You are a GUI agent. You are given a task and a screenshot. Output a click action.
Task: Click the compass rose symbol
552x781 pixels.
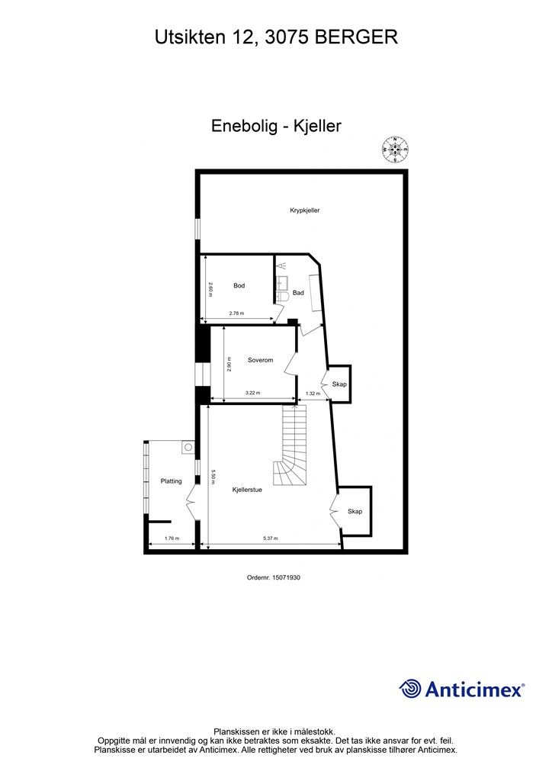pyautogui.click(x=395, y=149)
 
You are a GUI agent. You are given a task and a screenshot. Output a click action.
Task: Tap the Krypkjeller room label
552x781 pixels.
pyautogui.click(x=304, y=211)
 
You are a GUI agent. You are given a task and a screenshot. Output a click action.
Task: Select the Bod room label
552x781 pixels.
pyautogui.click(x=239, y=286)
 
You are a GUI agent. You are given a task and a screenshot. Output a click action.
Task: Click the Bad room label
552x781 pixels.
pyautogui.click(x=298, y=293)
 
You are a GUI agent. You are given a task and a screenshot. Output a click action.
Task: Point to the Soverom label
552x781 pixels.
pyautogui.click(x=260, y=360)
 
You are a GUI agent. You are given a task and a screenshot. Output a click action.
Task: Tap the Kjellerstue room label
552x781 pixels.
pyautogui.click(x=247, y=490)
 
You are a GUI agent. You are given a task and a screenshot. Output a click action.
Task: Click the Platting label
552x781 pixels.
pyautogui.click(x=171, y=481)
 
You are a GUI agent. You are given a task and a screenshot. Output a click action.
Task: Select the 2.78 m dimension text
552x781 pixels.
pyautogui.click(x=236, y=314)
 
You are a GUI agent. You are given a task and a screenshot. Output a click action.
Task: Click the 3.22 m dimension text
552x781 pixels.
pyautogui.click(x=252, y=393)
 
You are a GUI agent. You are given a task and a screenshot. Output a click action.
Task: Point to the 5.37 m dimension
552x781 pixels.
pyautogui.click(x=270, y=538)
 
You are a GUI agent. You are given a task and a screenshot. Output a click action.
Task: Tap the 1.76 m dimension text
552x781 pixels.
pyautogui.click(x=172, y=538)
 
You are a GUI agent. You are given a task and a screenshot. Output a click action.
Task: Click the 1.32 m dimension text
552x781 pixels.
pyautogui.click(x=312, y=393)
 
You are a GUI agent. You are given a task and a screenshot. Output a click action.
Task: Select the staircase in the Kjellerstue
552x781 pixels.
pyautogui.click(x=291, y=449)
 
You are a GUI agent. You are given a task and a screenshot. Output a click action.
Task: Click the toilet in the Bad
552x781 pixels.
pyautogui.click(x=281, y=295)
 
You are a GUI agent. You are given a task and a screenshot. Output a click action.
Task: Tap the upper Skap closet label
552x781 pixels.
pyautogui.click(x=339, y=384)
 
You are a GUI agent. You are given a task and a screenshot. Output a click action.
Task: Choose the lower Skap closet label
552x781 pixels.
pyautogui.click(x=355, y=511)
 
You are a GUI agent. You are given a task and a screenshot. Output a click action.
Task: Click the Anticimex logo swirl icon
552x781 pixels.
pyautogui.click(x=411, y=689)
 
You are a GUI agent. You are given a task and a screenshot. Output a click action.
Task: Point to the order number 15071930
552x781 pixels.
pyautogui.click(x=274, y=578)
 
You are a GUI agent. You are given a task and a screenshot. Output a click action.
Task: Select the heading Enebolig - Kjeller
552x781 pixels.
pyautogui.click(x=276, y=127)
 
